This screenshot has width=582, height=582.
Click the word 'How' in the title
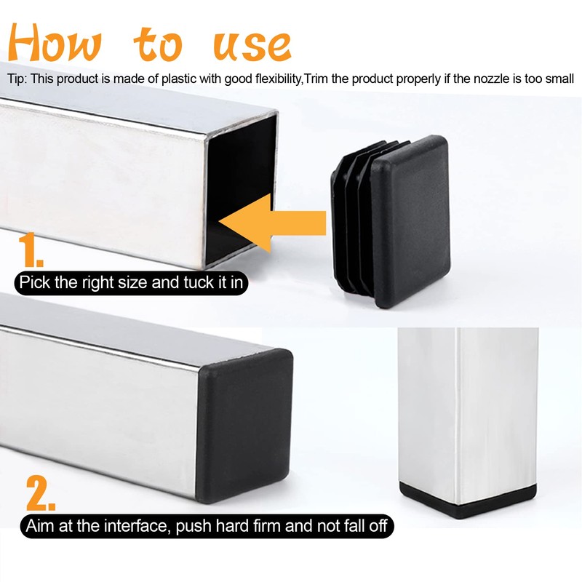coord(55,43)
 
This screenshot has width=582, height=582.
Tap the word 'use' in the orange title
coord(252,47)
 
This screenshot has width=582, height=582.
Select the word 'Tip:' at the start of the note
coord(17,79)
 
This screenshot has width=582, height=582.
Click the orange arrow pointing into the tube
coord(272,223)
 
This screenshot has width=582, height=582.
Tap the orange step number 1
coord(30,250)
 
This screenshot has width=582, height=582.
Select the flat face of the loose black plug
coord(412,222)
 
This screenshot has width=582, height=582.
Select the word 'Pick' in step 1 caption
coord(35,282)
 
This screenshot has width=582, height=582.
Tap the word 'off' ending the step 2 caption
coord(378,526)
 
